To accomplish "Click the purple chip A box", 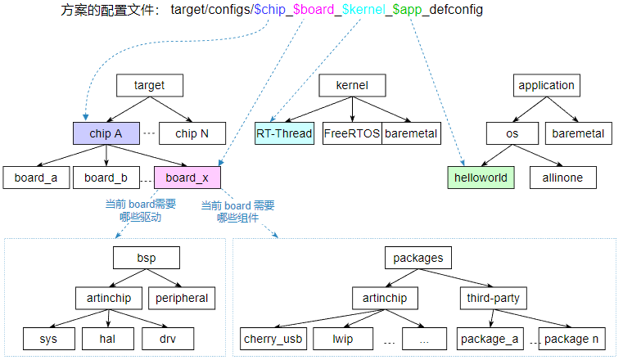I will point(106,133).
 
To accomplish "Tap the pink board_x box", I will point(187,178).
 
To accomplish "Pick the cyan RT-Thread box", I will point(284,133).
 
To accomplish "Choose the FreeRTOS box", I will point(352,133).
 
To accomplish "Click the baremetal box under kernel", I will point(411,133).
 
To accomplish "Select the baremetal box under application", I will point(578,133).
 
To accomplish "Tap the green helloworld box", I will point(481,178).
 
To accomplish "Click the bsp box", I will point(147,258).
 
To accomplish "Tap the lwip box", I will point(342,339).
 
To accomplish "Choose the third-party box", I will point(493,298).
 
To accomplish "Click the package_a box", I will point(490,339).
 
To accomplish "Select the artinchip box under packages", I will point(385,298).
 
